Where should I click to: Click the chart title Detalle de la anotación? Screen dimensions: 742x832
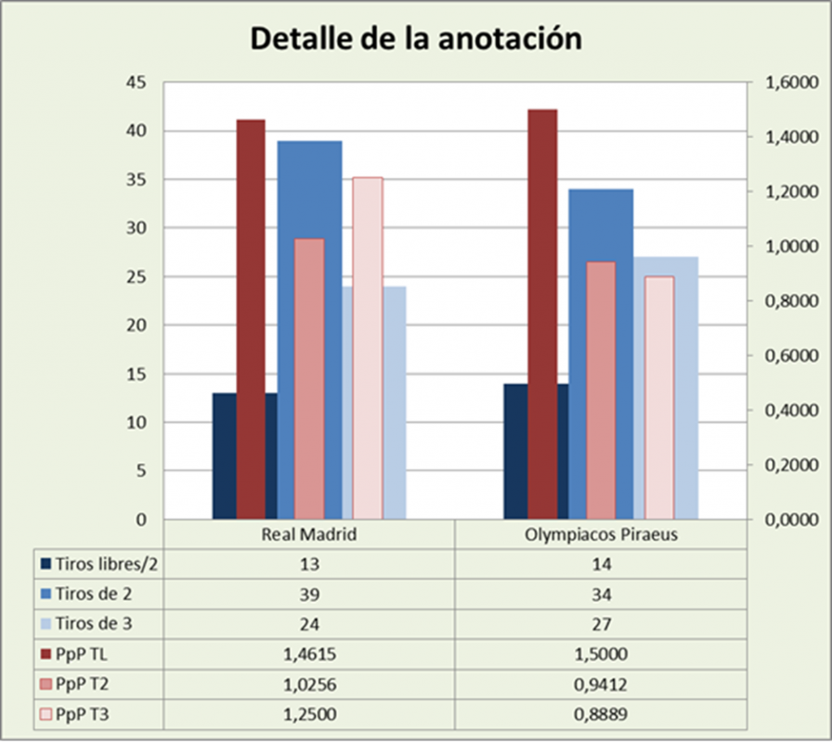click(x=415, y=38)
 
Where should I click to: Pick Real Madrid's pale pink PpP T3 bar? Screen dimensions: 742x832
click(x=367, y=347)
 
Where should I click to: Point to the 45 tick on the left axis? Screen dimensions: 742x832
click(x=137, y=83)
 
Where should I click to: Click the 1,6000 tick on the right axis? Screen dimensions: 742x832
click(x=783, y=83)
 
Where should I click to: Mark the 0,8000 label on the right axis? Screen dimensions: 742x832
click(x=783, y=302)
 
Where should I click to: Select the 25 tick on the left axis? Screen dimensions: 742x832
click(x=137, y=277)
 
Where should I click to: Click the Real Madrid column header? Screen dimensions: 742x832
click(x=309, y=536)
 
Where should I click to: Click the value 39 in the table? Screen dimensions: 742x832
click(x=309, y=594)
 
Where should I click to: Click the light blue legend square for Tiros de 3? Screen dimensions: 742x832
click(x=45, y=623)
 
